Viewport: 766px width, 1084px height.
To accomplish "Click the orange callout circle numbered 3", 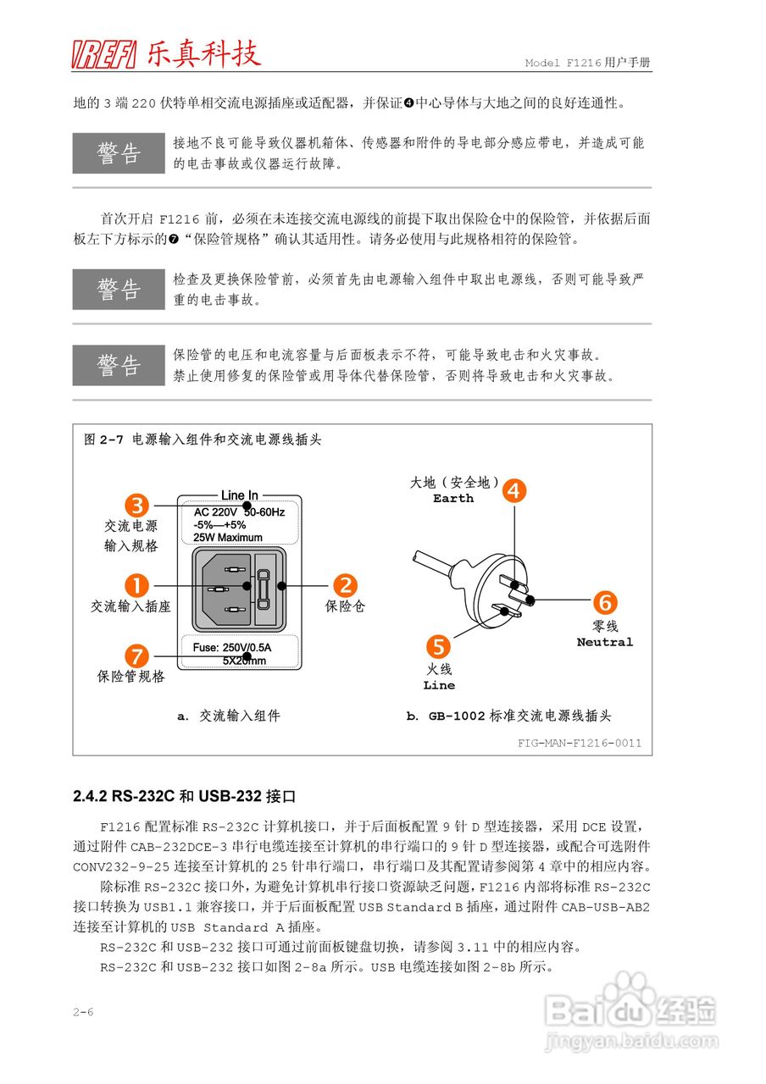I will [138, 506].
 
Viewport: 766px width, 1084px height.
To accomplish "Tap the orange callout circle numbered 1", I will [136, 585].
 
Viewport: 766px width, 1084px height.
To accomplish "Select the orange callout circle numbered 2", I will [344, 585].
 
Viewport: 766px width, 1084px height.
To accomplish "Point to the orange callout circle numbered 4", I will [514, 490].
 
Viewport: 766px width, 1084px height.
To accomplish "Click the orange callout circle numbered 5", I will [437, 647].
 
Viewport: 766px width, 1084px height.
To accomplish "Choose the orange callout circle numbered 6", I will [604, 603].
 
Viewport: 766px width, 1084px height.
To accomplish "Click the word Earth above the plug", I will [453, 499].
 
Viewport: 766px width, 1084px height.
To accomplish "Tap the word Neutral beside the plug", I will [605, 642].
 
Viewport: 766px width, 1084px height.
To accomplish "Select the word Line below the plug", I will [439, 685].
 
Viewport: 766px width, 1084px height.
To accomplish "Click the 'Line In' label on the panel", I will [240, 495].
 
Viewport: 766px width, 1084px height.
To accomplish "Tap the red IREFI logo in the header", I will [104, 55].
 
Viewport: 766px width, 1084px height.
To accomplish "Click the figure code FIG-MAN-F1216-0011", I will [580, 744].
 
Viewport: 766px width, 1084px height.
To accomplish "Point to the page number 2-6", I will [83, 1012].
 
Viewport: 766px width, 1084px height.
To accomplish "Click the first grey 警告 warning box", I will [119, 153].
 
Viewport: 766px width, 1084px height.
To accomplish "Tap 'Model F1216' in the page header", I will [563, 64].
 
